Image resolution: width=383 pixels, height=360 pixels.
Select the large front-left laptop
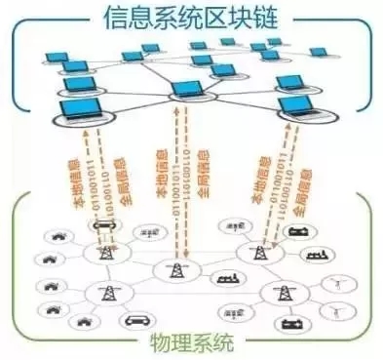[x=84, y=109]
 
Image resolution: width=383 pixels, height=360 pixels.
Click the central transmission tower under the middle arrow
[x=177, y=270]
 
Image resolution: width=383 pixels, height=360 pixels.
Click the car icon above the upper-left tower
[x=101, y=224]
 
